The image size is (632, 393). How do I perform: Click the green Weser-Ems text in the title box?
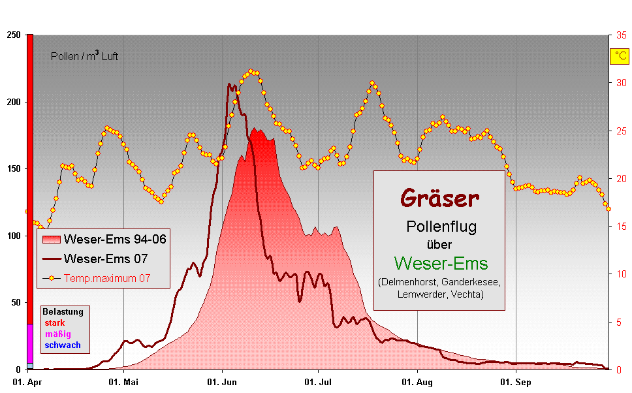click(x=441, y=263)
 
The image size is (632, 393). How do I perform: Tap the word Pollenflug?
click(x=441, y=227)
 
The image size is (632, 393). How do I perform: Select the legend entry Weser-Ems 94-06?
click(x=114, y=240)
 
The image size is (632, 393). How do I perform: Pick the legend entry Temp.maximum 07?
click(x=107, y=278)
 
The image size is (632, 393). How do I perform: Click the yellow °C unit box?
click(x=618, y=56)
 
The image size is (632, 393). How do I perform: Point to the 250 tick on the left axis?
click(x=12, y=35)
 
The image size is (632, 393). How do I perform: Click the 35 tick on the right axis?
click(x=622, y=35)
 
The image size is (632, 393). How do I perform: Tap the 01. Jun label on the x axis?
click(x=222, y=381)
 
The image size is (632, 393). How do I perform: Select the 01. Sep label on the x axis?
click(x=516, y=381)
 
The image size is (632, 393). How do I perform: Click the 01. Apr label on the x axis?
click(x=26, y=381)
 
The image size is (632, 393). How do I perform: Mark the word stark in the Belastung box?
click(x=55, y=323)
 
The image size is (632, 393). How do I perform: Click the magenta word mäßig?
click(x=57, y=334)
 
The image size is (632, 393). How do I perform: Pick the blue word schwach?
click(x=63, y=345)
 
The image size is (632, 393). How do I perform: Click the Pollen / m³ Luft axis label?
click(x=84, y=57)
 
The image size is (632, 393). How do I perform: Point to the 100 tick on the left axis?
click(x=12, y=236)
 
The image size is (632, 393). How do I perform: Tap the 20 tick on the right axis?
click(x=622, y=178)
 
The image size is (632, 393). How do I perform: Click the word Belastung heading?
click(x=62, y=313)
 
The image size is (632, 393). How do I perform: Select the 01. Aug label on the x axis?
click(x=418, y=381)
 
